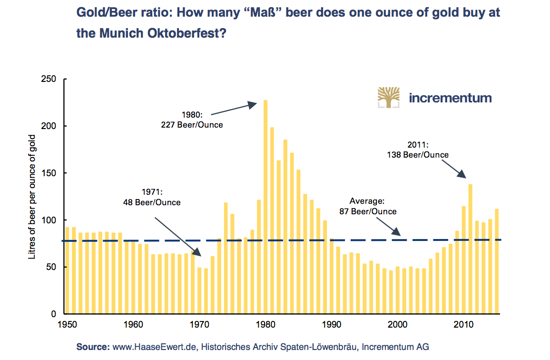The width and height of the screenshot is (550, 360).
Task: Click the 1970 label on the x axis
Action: pos(199,325)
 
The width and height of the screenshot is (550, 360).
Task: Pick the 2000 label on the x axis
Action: pos(397,325)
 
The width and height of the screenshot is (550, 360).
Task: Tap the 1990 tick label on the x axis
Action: pos(332,325)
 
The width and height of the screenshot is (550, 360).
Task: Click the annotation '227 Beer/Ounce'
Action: pos(193,125)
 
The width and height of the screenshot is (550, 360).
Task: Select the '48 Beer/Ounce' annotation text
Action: pos(152,202)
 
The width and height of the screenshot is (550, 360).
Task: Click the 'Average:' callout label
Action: pos(367,201)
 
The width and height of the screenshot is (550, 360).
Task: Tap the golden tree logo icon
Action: pos(389,97)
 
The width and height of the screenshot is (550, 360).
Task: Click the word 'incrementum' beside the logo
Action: pos(450,98)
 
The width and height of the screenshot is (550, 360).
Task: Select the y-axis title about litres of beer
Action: pos(32,197)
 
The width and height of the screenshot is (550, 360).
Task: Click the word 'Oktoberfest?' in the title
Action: pos(190,34)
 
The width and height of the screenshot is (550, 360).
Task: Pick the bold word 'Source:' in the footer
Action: pos(93,347)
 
